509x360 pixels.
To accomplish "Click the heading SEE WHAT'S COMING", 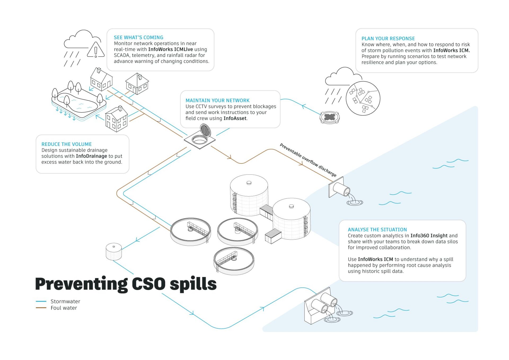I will coord(138,37).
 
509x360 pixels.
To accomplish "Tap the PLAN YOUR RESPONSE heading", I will coord(388,38).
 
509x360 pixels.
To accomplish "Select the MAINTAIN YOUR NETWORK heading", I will coord(217,100).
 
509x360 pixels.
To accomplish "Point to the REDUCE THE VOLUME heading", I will coord(67,144).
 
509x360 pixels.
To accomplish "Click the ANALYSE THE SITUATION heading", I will coord(377,229).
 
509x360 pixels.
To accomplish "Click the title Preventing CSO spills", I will coord(126,284).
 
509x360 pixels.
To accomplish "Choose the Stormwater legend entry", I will coord(65,301).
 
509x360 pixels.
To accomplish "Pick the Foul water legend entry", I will coord(64,308).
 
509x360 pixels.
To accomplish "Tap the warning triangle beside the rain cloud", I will coord(96,50).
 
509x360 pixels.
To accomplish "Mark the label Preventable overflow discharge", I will coord(308,160).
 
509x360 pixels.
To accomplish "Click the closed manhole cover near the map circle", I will coord(330,117).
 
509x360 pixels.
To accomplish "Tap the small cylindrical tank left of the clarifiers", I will coord(114,251).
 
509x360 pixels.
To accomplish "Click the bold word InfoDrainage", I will coord(91,156).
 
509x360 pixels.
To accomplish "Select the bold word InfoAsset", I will coord(235,118).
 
